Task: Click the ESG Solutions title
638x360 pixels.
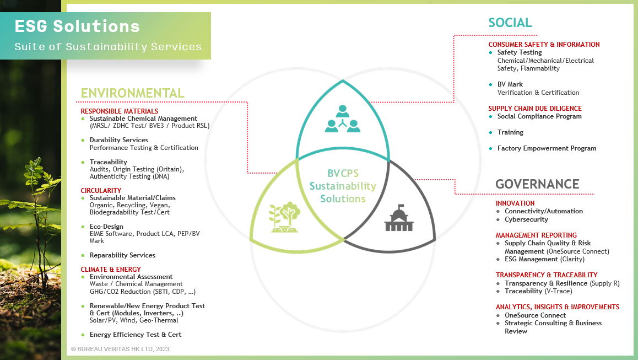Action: tap(77, 26)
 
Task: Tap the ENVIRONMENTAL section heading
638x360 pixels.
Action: tap(132, 93)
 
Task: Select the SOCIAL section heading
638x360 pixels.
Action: tap(510, 23)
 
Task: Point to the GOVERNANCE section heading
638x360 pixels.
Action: tap(537, 184)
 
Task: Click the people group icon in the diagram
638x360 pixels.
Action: tap(343, 119)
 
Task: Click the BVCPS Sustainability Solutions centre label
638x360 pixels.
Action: tap(343, 186)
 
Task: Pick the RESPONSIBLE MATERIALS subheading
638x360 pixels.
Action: tap(120, 111)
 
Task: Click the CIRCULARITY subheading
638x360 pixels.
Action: tap(101, 191)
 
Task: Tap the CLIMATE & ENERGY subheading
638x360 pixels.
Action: tap(111, 270)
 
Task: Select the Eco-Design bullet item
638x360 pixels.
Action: tap(106, 227)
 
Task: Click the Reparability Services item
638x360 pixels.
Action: tap(122, 255)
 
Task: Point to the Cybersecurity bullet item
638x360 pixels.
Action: tap(526, 219)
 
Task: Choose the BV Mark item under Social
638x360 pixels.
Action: tap(510, 84)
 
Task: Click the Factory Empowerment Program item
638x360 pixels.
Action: tap(547, 148)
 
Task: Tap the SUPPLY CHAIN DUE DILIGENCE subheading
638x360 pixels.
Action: tap(535, 109)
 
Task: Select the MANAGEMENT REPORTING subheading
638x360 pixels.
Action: tap(536, 235)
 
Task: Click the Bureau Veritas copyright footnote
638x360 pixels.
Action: tap(120, 349)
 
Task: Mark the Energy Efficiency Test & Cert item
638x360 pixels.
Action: tap(136, 335)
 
